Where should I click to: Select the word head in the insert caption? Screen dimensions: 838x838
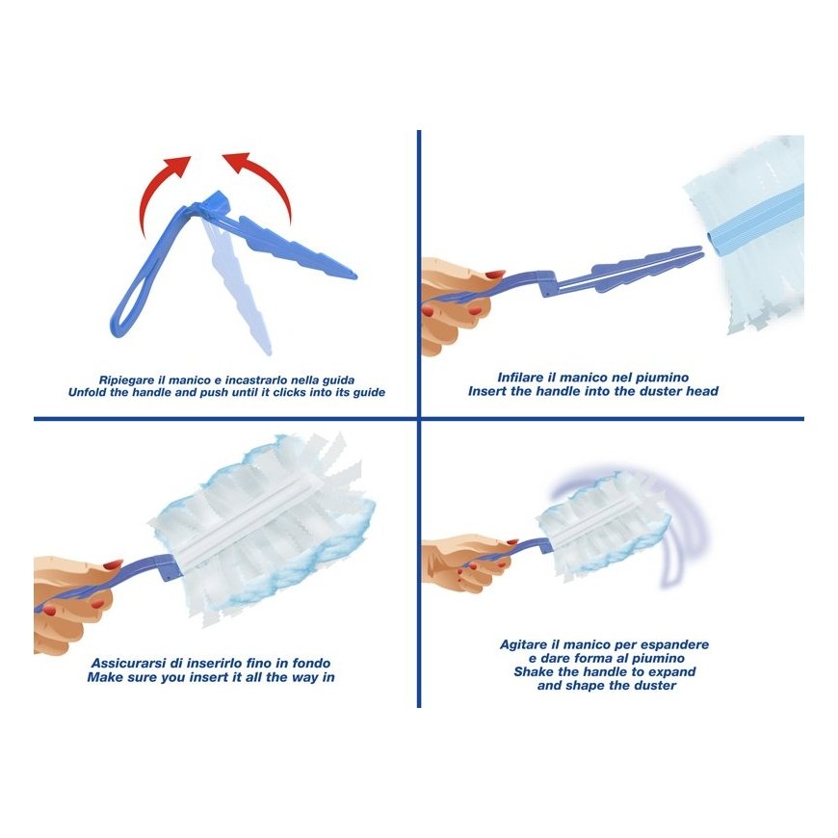click(x=703, y=391)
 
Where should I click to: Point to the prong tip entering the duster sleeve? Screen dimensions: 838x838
click(x=700, y=250)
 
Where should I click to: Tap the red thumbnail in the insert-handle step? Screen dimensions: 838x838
click(x=494, y=275)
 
